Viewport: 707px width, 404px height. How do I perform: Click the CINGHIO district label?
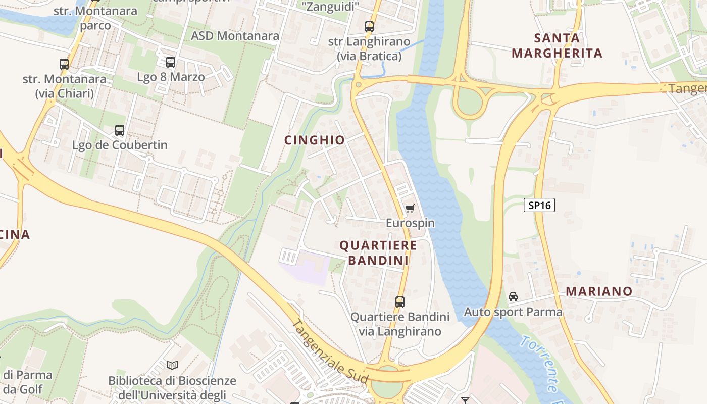315,140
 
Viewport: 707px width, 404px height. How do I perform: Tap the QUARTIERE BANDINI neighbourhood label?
378,252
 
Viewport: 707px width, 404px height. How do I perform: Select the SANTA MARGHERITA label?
557,45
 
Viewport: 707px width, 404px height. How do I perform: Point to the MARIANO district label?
599,291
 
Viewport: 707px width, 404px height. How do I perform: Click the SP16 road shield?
539,205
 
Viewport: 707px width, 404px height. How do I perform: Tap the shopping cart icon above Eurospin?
410,208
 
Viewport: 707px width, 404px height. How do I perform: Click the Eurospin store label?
410,223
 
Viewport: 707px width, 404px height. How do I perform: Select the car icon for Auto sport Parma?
513,297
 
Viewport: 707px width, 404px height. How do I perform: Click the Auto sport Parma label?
513,312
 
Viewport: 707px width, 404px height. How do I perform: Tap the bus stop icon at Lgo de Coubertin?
120,130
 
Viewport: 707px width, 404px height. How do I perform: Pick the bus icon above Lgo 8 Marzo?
171,62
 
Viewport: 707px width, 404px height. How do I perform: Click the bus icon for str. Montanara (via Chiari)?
64,64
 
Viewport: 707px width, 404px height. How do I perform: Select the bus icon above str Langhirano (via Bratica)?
369,27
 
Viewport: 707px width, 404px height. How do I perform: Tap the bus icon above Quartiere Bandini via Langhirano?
400,302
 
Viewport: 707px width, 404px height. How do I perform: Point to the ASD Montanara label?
235,36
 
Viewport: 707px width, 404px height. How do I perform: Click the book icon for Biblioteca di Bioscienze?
172,365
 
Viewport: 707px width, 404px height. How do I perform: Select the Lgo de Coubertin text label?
120,145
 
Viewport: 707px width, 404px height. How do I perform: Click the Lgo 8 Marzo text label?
171,77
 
